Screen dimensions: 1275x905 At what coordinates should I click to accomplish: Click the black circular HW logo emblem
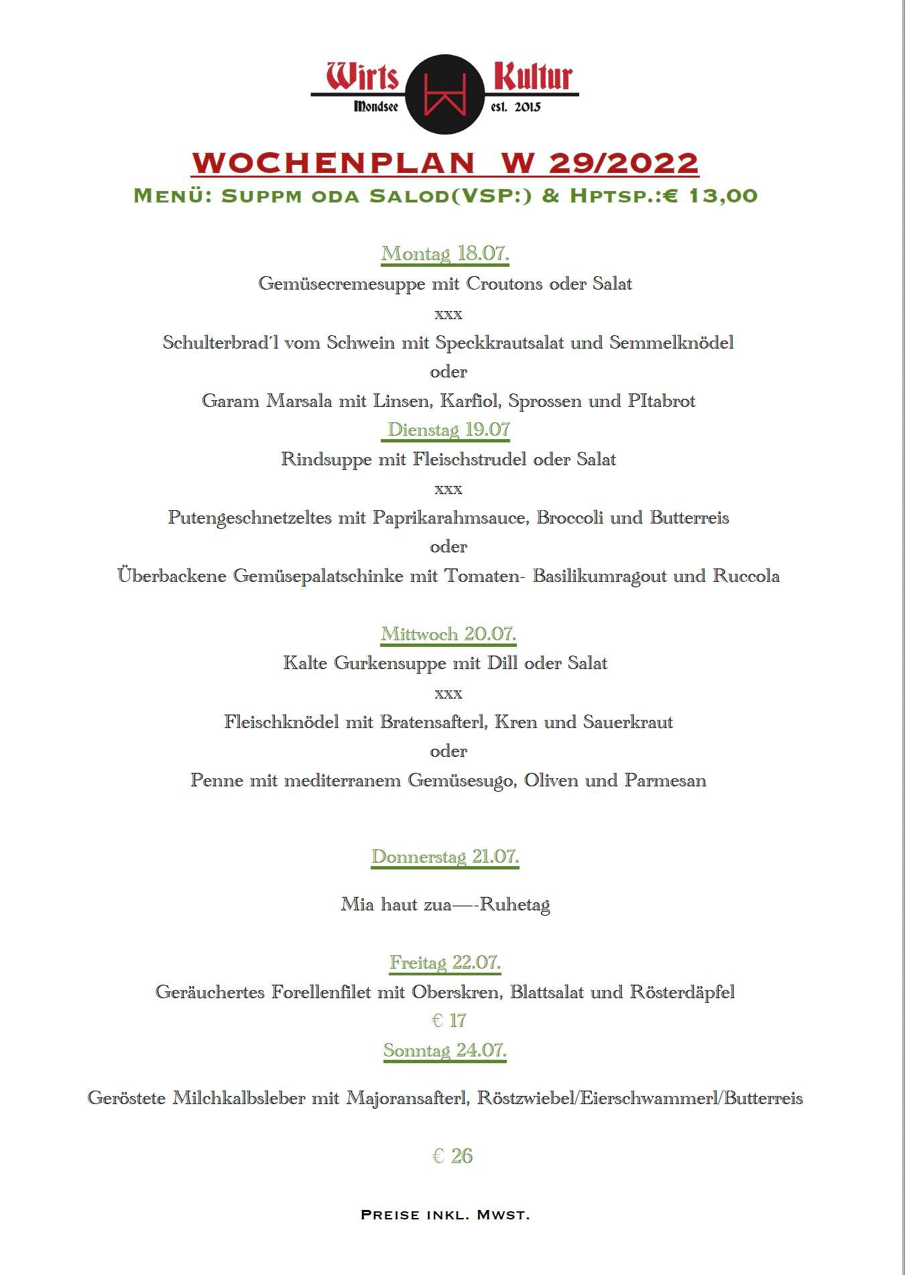445,95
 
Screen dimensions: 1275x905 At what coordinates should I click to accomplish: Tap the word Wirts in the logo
363,76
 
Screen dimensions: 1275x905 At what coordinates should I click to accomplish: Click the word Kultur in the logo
533,76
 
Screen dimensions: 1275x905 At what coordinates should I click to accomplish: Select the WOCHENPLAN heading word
334,163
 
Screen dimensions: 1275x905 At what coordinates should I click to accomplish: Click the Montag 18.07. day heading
445,254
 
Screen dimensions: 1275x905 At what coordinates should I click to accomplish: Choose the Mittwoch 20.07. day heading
448,633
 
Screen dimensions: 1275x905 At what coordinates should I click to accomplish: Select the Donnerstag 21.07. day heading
445,857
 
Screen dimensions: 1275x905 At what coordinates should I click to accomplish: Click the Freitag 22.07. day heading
445,963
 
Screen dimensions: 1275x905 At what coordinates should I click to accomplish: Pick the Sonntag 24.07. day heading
445,1050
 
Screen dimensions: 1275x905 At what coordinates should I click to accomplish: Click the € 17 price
448,1021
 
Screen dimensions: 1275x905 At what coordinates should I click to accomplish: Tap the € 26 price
452,1156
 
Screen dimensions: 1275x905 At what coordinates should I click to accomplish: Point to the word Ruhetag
515,905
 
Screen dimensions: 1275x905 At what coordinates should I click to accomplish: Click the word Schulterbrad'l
223,343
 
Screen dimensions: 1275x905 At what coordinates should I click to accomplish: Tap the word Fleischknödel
281,722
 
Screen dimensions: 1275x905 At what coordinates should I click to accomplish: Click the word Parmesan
665,780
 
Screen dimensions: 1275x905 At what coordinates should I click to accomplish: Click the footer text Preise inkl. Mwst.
445,1215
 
